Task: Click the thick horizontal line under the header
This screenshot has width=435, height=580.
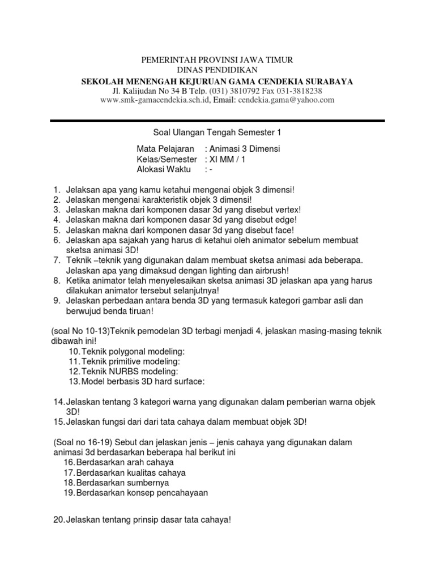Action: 217,121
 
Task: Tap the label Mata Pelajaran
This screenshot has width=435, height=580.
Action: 161,149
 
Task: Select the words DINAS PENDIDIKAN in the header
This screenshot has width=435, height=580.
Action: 217,70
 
